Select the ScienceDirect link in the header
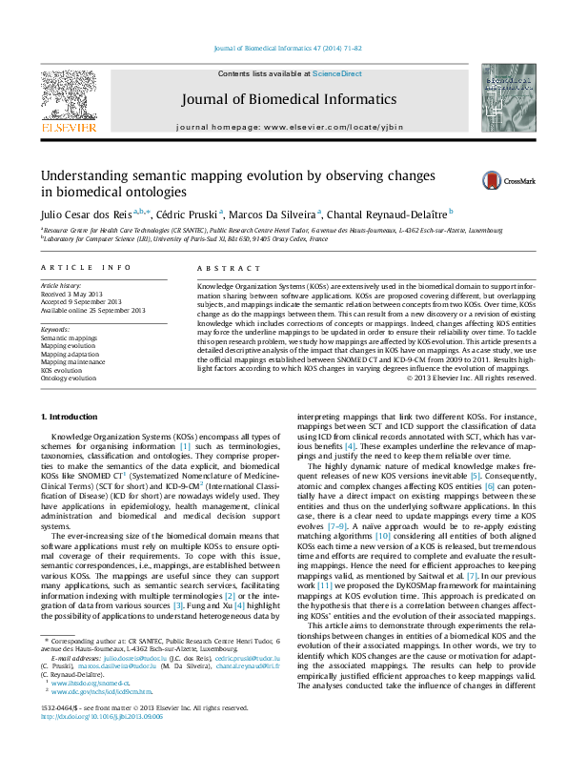coord(337,73)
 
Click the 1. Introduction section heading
coord(71,419)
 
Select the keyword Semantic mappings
coord(69,338)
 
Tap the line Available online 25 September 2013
coord(92,310)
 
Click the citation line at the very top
coord(283,47)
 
